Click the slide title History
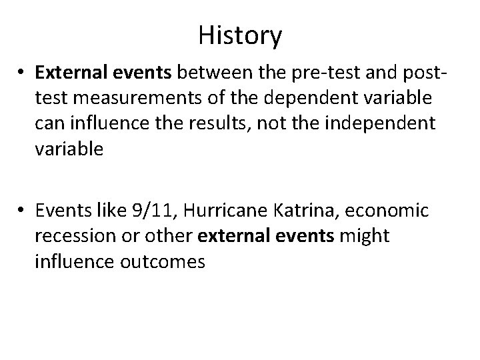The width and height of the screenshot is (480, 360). tap(240, 35)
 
